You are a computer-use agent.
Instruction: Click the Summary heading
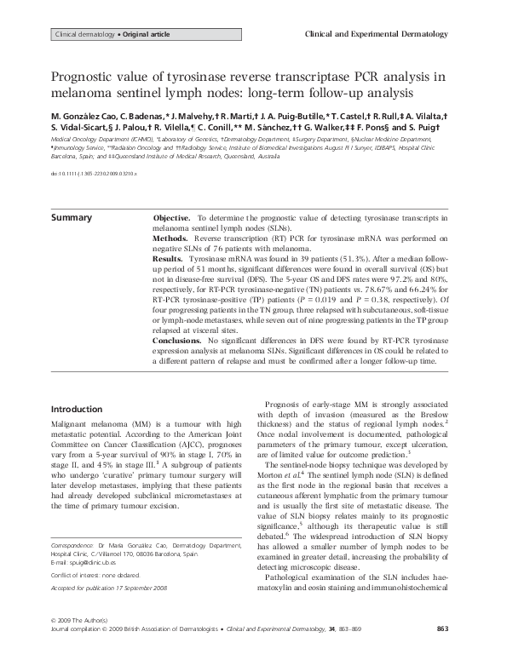(72, 218)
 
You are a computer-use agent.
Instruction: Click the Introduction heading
(79, 407)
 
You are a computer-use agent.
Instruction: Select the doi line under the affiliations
(93, 172)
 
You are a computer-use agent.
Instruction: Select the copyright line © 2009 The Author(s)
(86, 642)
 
